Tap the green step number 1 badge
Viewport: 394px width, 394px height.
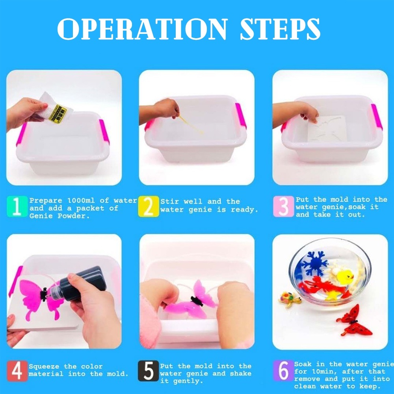pos(17,206)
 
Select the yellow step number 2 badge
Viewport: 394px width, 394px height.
pos(148,206)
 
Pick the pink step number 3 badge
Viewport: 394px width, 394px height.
pos(283,206)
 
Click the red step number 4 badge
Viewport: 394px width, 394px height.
pos(17,371)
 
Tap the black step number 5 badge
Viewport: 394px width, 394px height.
pos(148,371)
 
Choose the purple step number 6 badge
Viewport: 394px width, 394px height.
pos(283,371)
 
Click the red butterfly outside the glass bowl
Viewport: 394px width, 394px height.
pos(354,321)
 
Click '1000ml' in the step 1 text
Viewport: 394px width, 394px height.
pos(81,201)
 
